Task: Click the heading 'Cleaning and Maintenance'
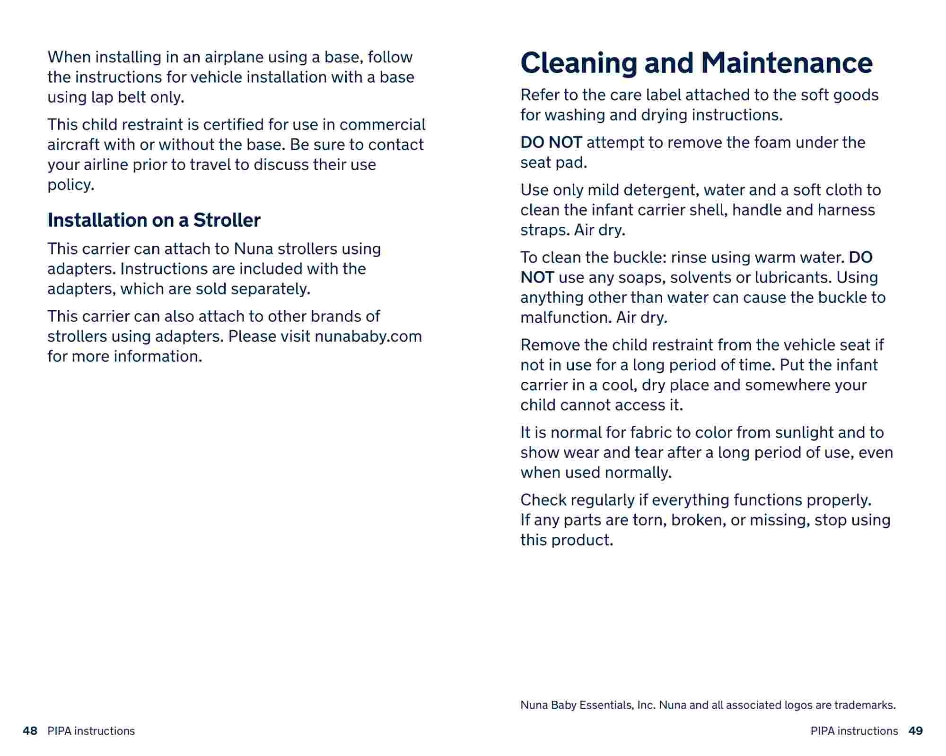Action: [x=696, y=63]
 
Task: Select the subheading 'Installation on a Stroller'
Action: [x=154, y=220]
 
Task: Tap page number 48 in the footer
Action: [x=30, y=731]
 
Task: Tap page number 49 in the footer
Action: [x=916, y=731]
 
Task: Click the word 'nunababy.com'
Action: [x=368, y=336]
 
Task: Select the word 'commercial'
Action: [x=382, y=125]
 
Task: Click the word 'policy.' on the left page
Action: [x=71, y=185]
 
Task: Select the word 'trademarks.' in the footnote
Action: [x=865, y=705]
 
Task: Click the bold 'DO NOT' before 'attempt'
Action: [x=551, y=142]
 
